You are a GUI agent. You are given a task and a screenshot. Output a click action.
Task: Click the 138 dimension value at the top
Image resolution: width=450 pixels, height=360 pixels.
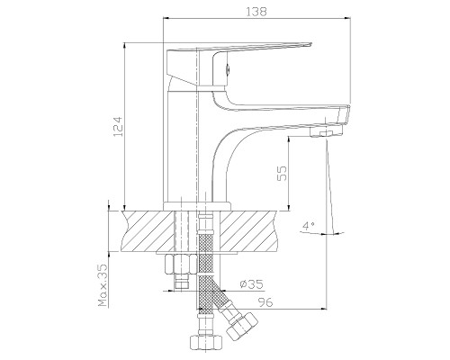click(256, 12)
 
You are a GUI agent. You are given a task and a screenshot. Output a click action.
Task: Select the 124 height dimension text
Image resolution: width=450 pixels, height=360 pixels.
click(118, 127)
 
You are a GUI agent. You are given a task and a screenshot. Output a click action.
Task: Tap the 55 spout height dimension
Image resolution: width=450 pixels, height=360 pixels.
click(282, 174)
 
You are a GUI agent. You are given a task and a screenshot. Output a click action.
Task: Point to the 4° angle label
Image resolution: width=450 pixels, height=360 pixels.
click(309, 225)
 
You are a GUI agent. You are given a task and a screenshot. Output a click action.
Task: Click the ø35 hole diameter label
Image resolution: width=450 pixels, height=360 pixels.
click(251, 283)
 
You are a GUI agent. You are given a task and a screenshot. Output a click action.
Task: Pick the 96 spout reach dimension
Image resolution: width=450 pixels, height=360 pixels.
click(265, 302)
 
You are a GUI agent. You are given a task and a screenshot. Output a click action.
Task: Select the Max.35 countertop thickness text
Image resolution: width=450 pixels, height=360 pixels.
click(103, 285)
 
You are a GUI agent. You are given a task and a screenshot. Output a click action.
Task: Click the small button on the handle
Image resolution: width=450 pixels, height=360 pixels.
click(228, 70)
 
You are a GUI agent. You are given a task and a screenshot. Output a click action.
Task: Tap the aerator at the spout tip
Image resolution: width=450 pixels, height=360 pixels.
click(327, 132)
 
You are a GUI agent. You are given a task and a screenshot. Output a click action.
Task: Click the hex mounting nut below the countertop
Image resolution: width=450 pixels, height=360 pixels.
click(180, 264)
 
